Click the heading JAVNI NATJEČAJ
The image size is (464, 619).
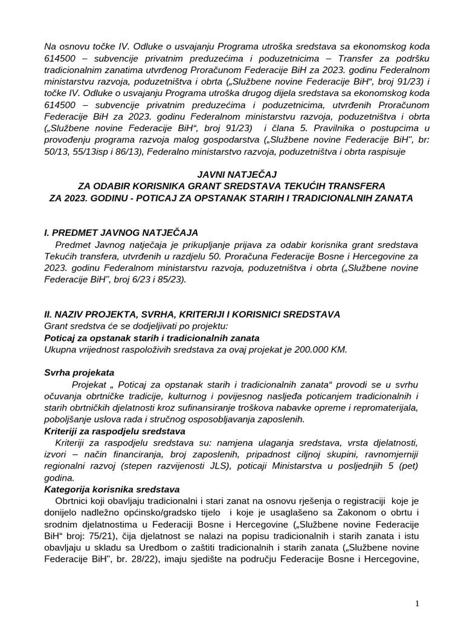click(x=232, y=175)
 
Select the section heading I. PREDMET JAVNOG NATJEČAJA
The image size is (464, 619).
click(x=121, y=233)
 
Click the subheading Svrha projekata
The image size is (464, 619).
click(x=80, y=372)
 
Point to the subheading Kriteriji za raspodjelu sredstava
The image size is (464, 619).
click(x=115, y=431)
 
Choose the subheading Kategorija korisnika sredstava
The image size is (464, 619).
click(x=112, y=489)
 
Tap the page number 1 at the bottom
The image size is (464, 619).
click(x=417, y=603)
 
